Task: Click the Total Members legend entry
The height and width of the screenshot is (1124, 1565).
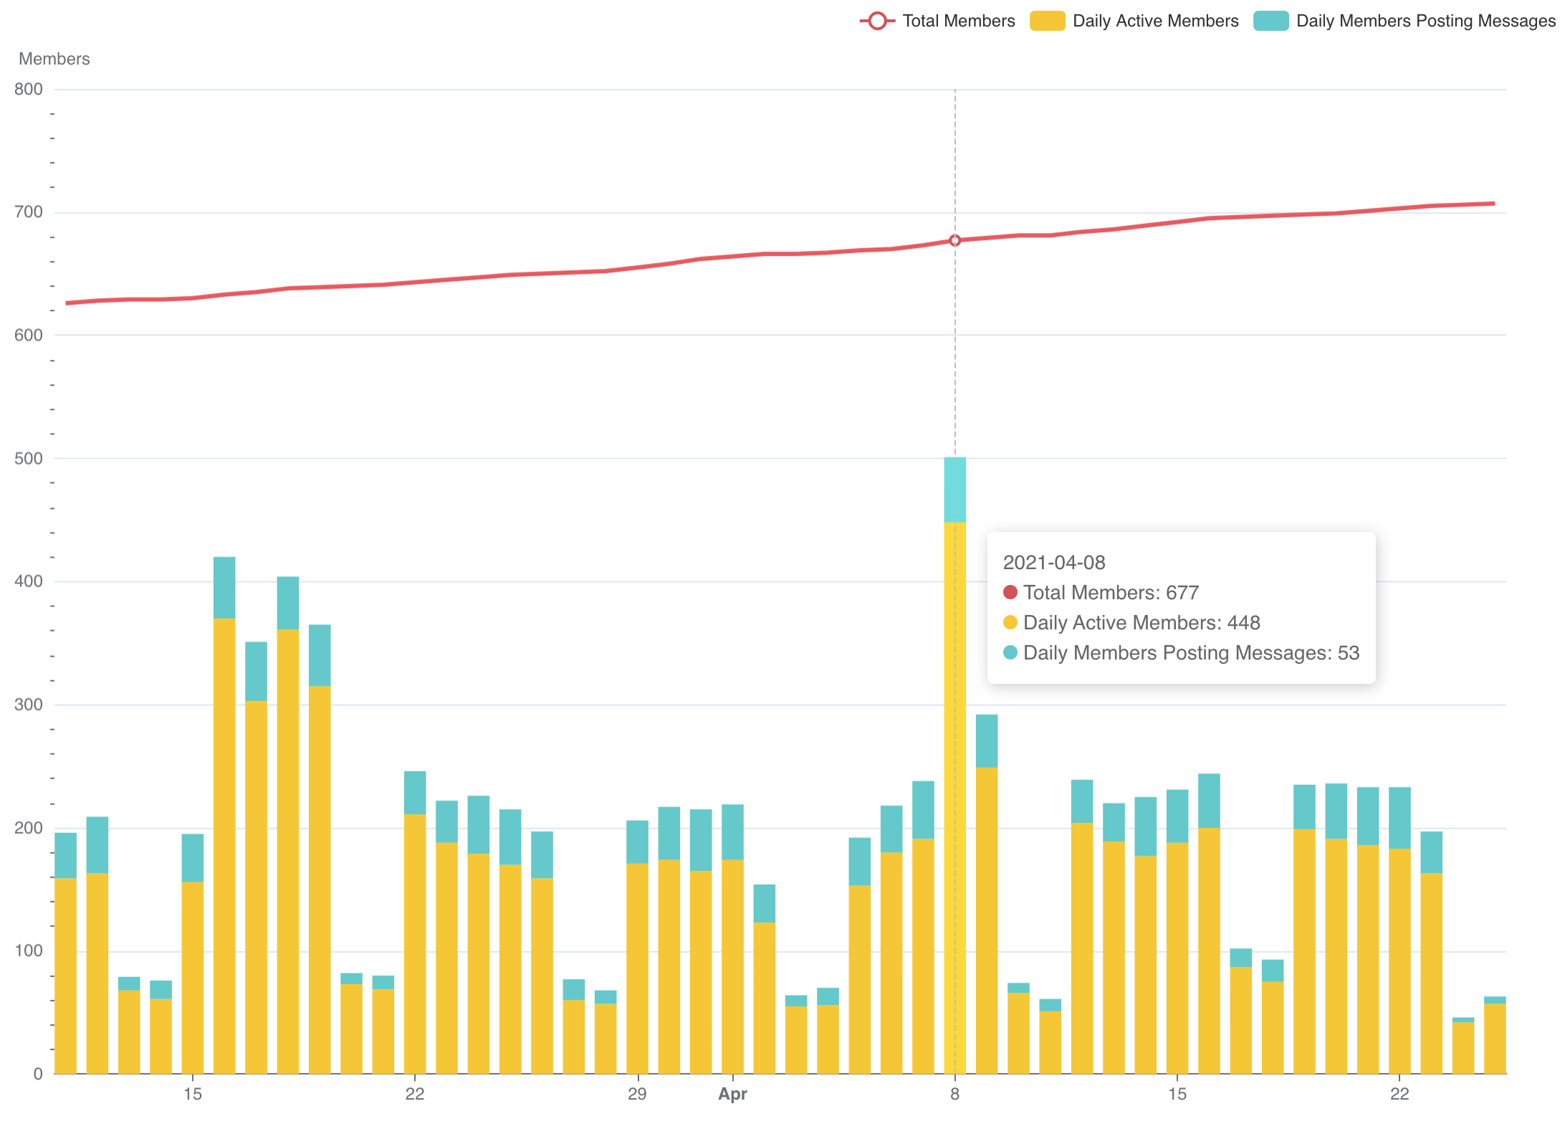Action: pos(937,21)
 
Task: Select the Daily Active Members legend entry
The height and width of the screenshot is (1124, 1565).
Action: pos(1134,21)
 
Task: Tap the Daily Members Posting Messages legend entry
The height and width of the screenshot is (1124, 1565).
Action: pos(1404,21)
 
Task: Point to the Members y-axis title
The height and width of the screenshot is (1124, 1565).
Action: pos(54,59)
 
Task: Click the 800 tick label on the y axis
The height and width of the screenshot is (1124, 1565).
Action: pos(29,90)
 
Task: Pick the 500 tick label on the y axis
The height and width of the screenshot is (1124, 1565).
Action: pos(29,458)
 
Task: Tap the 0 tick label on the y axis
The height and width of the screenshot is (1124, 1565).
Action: pos(38,1074)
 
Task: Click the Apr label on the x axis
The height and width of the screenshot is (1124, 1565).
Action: pos(732,1094)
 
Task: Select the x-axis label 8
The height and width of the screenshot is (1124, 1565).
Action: pos(954,1094)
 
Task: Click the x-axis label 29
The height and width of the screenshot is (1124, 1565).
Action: pos(637,1094)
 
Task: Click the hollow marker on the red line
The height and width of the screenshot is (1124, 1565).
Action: pos(955,241)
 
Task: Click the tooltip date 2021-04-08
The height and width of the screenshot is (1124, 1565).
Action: pos(1054,563)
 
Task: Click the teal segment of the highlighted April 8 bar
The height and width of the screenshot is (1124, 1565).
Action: pos(955,490)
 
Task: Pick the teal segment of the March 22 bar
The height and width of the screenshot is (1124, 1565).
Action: pos(415,793)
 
